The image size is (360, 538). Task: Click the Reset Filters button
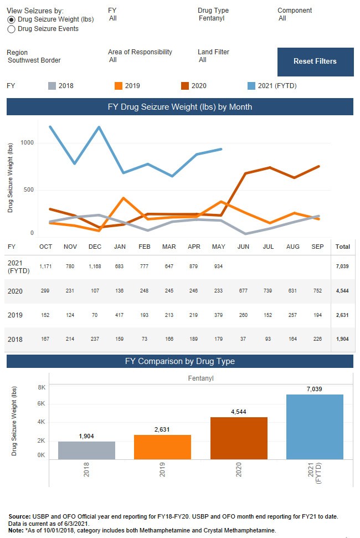(315, 62)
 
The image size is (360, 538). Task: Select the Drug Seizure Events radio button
(11, 29)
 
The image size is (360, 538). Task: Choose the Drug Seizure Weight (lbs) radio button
(11, 19)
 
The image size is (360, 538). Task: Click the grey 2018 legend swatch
(52, 86)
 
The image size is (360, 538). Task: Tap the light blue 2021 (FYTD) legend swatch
(251, 86)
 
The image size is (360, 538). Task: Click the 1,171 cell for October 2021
(45, 267)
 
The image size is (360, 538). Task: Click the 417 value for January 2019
(119, 315)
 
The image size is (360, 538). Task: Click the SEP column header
(318, 246)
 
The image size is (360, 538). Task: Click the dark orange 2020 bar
(239, 438)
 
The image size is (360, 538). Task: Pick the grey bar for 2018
(86, 450)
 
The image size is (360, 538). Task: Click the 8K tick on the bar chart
(42, 388)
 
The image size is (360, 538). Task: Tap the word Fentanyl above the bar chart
(200, 378)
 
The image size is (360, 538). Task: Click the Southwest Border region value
(34, 60)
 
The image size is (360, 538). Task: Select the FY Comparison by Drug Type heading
(180, 361)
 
